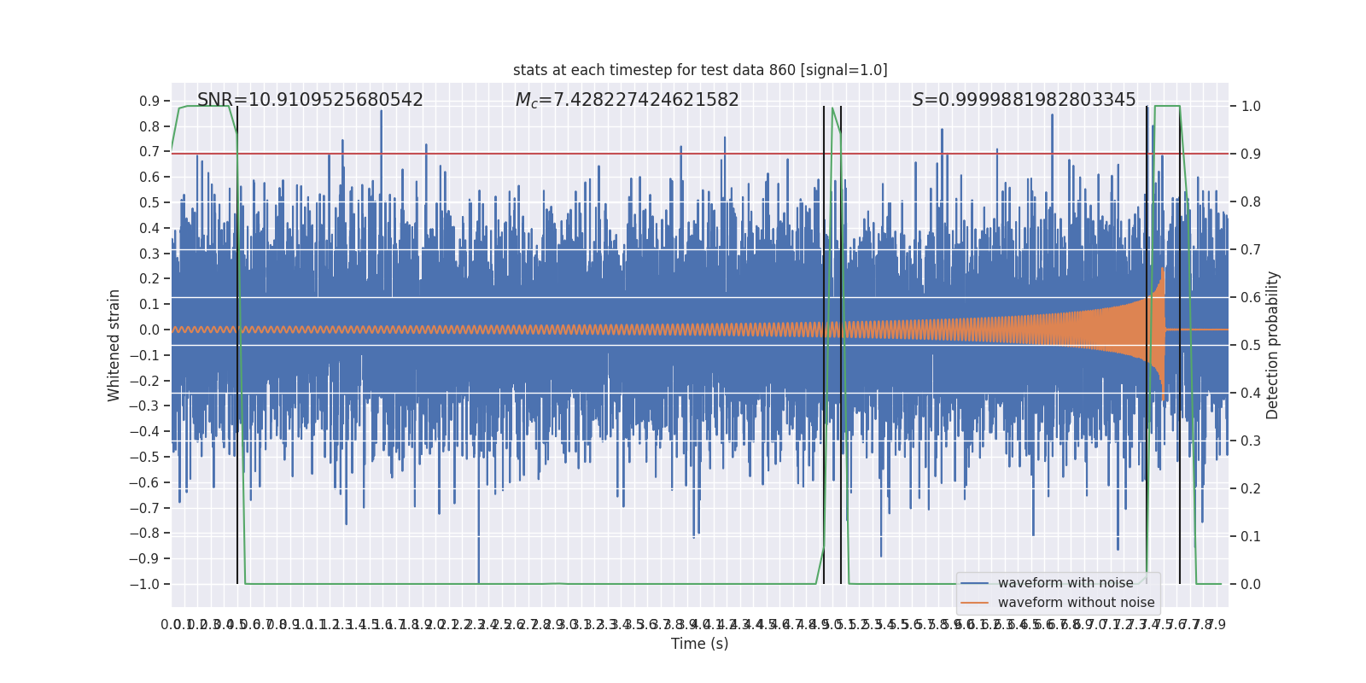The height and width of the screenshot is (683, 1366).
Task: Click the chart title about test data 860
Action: pos(700,70)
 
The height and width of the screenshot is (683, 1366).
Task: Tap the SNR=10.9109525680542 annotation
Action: pos(310,100)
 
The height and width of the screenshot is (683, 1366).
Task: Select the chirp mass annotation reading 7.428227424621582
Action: pos(627,100)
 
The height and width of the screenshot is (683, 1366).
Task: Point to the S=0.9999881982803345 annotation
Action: pos(1024,100)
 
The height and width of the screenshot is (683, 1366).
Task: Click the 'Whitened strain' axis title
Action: pos(114,345)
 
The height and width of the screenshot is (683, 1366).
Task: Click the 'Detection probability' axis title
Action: pos(1273,345)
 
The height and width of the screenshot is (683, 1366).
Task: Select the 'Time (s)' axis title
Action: pos(699,644)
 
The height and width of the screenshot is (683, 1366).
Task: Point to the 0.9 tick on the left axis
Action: pos(149,102)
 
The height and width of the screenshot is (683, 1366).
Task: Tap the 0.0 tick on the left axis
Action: pos(149,330)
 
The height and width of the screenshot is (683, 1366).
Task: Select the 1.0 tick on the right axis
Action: pos(1251,107)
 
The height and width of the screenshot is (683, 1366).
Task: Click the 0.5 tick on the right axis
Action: pos(1251,346)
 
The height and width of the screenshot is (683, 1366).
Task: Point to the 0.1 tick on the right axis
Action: pos(1251,537)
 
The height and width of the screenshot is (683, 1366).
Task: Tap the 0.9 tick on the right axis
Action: pos(1251,155)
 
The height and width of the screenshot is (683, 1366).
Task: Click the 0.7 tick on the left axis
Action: pos(149,152)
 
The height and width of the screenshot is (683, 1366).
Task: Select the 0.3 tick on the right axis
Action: pos(1251,441)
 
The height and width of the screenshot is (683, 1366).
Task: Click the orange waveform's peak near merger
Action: pos(1162,270)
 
